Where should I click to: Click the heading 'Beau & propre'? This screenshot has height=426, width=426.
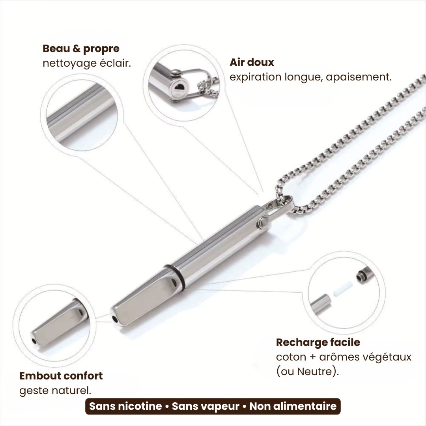tap(81, 49)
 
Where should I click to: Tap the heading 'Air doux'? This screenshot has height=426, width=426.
tap(252, 62)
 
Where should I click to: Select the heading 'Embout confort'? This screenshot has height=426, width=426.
tap(61, 376)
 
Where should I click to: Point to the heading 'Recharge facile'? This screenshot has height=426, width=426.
tap(318, 342)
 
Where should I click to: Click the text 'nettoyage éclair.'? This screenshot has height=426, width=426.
tap(87, 63)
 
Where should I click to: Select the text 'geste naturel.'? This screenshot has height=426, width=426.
tap(55, 390)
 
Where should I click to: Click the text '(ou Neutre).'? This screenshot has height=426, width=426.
tap(307, 371)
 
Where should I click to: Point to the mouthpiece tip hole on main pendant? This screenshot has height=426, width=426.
tap(115, 318)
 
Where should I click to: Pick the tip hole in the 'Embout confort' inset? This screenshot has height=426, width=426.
tap(34, 341)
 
